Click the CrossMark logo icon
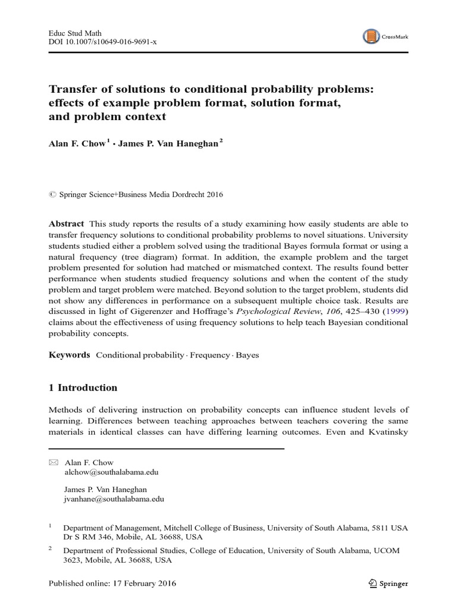coord(371,37)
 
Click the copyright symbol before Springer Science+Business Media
coord(51,194)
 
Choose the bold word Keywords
coord(69,355)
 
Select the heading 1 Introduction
coord(83,388)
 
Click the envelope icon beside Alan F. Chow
coord(52,462)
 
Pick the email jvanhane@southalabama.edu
coord(114,500)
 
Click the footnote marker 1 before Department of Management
coord(51,526)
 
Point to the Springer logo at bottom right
coord(387,583)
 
